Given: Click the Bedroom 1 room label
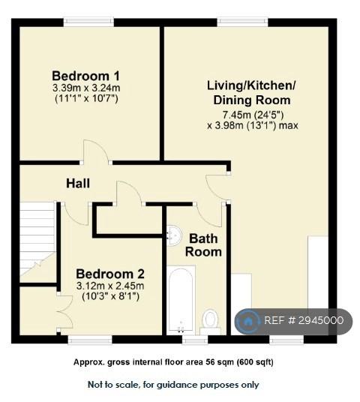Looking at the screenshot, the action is click(x=85, y=76).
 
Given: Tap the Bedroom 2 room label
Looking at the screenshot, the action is click(x=110, y=274).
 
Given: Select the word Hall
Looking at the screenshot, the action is click(x=78, y=184).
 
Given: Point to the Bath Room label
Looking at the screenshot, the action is click(x=203, y=245).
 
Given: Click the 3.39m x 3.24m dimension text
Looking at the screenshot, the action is click(x=86, y=88).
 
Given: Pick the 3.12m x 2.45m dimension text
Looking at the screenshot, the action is click(x=110, y=286).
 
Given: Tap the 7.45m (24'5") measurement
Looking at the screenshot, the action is click(x=253, y=115).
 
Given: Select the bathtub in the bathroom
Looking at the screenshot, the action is click(x=181, y=300).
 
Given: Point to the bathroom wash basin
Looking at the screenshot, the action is click(x=173, y=235).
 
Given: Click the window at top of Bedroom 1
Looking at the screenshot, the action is click(x=88, y=22).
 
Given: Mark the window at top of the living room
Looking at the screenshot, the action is click(x=242, y=22).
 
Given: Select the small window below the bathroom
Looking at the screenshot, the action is click(x=195, y=340).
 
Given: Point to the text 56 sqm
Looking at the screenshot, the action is click(x=220, y=362).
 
